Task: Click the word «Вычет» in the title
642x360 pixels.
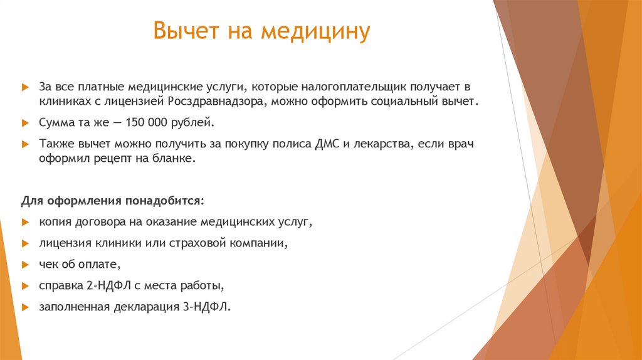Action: [x=181, y=31]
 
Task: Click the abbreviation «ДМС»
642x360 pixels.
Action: [x=329, y=144]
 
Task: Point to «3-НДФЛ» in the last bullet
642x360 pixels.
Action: [x=209, y=307]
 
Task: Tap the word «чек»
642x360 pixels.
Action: [x=48, y=264]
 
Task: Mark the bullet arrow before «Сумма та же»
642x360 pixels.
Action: [x=25, y=122]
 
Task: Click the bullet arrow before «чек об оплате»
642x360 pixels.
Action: [x=25, y=265]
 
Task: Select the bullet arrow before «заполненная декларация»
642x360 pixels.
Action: [x=25, y=307]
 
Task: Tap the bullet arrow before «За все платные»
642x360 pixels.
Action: [x=25, y=85]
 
